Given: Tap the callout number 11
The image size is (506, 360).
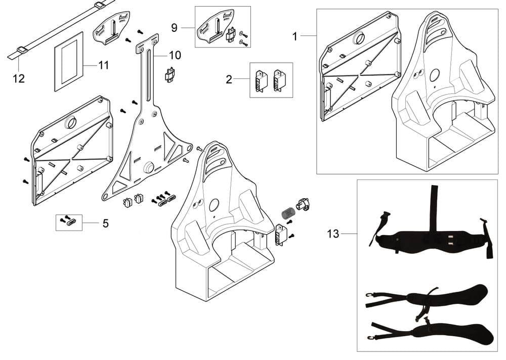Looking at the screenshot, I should coord(103,65).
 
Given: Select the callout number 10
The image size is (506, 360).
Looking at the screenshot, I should coord(175,55).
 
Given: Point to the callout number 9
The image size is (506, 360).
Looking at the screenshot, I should coord(174,27).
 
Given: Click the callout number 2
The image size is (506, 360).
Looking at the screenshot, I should coord(229,79).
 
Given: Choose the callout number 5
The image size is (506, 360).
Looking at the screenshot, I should coord(105,223).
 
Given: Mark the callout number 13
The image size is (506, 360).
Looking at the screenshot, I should coord(333,234).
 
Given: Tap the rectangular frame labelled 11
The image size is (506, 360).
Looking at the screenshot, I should coord(69,61).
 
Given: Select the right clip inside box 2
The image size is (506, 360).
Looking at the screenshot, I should coord(278,80).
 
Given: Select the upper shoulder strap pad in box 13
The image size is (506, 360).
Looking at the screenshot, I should coord(455,296).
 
